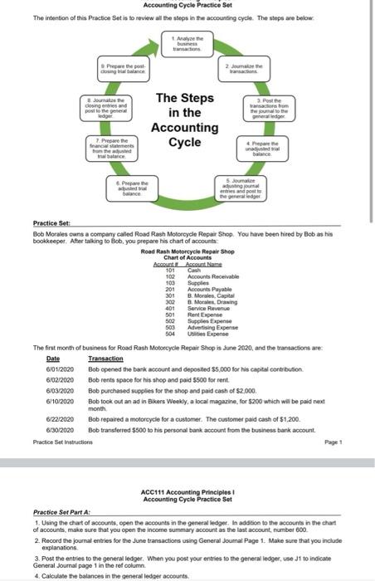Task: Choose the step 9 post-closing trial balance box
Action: (124, 67)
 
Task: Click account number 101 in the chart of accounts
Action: (168, 269)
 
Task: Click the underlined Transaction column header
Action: (106, 358)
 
